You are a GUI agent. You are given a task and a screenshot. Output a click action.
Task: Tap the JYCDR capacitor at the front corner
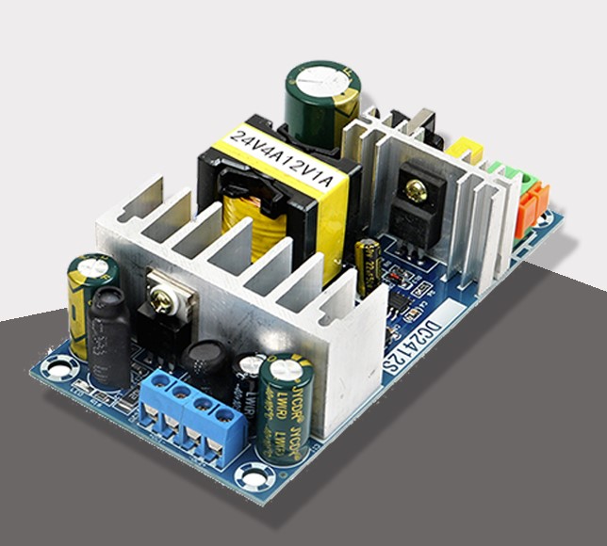[x=283, y=406]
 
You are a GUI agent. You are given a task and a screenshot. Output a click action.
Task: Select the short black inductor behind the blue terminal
[x=205, y=367]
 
